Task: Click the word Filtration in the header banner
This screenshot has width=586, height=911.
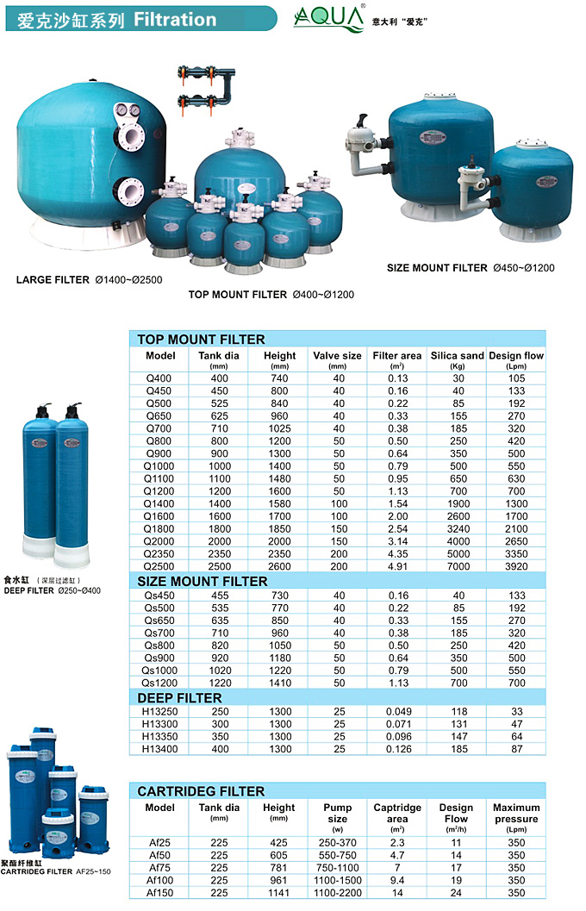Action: [175, 18]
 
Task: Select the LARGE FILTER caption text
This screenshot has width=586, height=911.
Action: [53, 279]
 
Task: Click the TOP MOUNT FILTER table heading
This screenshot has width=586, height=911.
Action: [201, 340]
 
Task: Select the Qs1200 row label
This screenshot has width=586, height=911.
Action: [159, 683]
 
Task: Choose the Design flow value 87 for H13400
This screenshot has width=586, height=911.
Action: [516, 750]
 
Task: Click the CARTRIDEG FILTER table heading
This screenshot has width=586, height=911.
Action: [201, 791]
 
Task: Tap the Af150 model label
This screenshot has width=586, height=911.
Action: [159, 893]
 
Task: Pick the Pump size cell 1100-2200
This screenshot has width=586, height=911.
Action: [337, 893]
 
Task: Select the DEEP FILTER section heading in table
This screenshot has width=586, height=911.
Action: [179, 698]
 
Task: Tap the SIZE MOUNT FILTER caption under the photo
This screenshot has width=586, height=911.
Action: [437, 268]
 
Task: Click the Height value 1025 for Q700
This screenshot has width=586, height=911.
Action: [279, 427]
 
